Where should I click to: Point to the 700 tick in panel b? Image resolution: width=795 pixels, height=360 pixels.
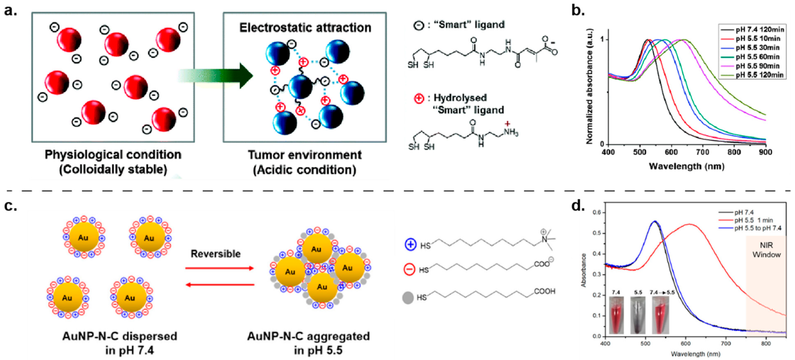tap(703, 152)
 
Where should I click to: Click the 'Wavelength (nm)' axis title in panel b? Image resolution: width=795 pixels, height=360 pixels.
tap(686, 166)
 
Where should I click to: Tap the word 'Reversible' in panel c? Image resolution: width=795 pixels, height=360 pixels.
tap(215, 254)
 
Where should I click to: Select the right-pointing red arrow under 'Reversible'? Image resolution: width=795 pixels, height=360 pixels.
tap(220, 268)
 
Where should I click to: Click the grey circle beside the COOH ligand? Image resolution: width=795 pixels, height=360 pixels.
tap(408, 298)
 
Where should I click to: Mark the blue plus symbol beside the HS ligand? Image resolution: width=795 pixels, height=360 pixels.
tap(410, 245)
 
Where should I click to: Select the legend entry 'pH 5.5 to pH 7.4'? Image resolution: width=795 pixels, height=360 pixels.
tap(758, 228)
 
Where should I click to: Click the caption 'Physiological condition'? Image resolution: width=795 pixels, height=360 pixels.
tap(113, 155)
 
